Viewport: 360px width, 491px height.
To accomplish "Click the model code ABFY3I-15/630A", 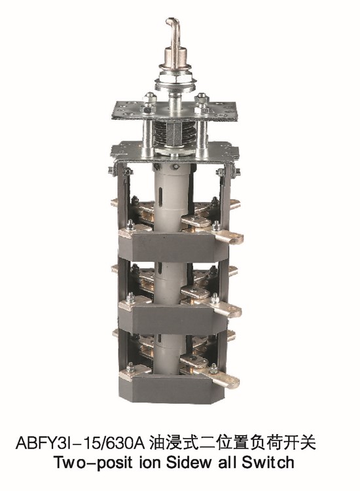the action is pos(80,443).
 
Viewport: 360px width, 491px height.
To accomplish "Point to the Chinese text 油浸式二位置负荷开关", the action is pos(232,443).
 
